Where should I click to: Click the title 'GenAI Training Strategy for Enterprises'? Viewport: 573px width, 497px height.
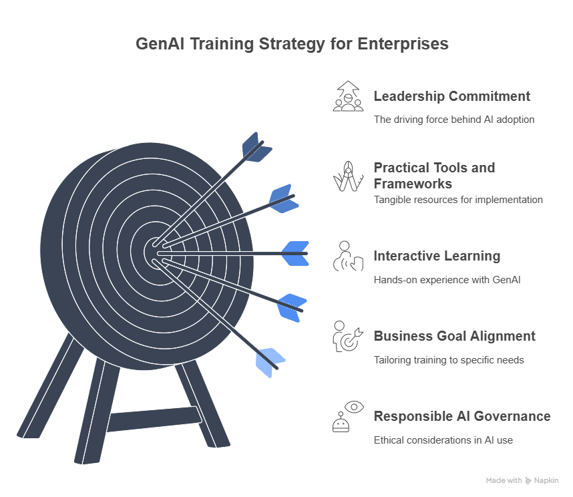(292, 45)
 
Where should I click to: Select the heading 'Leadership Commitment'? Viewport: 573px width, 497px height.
(451, 96)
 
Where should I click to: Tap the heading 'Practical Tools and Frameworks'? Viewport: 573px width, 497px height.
(434, 175)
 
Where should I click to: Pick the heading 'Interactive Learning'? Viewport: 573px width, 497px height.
(437, 256)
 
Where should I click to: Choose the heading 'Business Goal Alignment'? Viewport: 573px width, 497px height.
(454, 336)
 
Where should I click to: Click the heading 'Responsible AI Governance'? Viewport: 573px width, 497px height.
(461, 416)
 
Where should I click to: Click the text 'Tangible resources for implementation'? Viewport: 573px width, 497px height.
(457, 199)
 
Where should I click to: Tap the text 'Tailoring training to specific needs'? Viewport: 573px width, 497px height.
(448, 359)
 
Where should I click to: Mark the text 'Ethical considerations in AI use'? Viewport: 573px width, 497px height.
(443, 440)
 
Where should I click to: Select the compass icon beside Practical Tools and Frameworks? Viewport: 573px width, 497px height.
(348, 176)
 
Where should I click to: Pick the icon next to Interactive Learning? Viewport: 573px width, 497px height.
(348, 256)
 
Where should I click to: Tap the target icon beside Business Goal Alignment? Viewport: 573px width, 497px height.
(348, 336)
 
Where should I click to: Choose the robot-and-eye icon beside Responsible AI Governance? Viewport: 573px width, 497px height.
(348, 416)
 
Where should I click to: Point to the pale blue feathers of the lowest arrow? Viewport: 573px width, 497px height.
(270, 362)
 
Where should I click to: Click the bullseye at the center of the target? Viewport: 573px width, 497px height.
(155, 253)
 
